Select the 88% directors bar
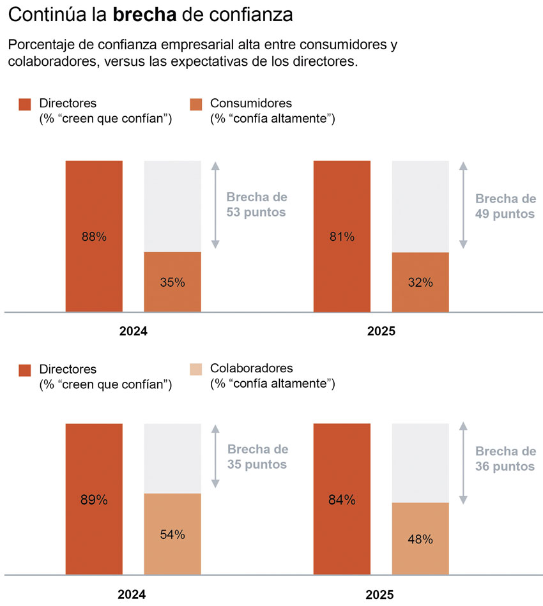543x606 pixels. click(94, 236)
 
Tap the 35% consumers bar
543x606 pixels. click(172, 282)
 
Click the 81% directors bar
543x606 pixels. click(342, 236)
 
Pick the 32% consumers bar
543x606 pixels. click(420, 282)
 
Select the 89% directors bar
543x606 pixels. click(94, 499)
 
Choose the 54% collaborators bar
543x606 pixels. click(172, 534)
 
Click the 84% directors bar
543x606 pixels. click(342, 499)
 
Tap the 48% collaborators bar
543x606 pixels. click(420, 538)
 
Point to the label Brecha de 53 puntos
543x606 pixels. click(256, 204)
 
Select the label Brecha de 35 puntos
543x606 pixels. click(257, 457)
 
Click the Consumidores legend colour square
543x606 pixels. click(196, 105)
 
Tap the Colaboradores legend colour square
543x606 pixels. click(196, 369)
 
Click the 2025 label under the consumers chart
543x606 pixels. click(381, 331)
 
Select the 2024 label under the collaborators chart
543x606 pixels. click(133, 595)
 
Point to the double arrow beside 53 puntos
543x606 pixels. click(215, 204)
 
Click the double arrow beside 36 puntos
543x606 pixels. click(464, 463)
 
